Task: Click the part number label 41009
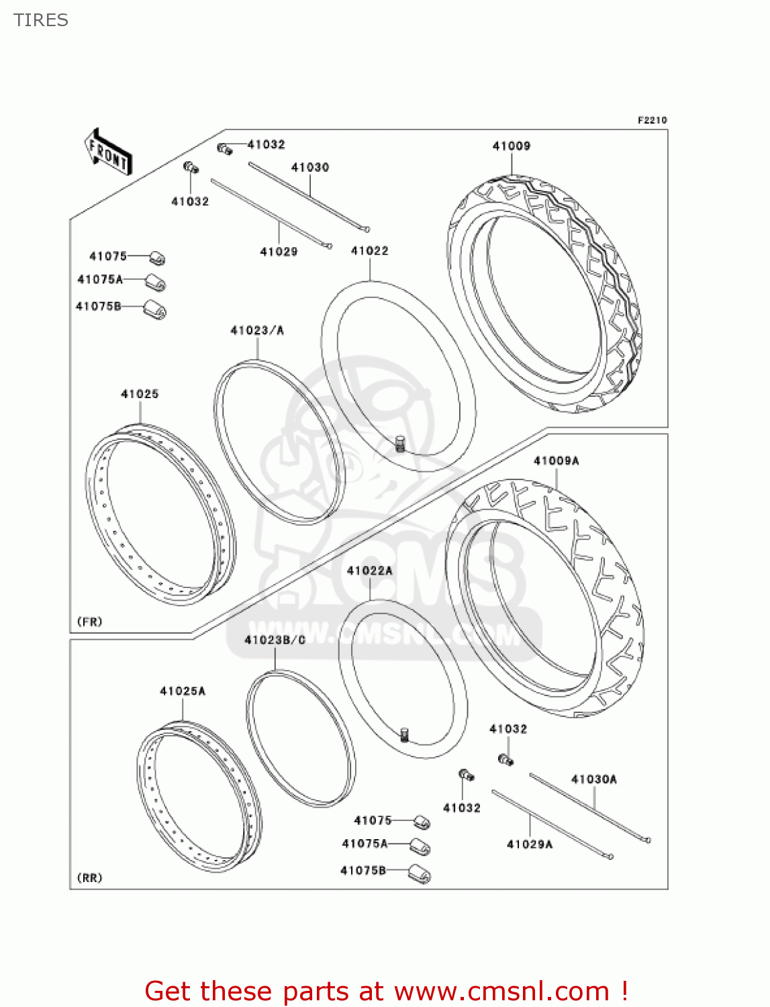pyautogui.click(x=511, y=146)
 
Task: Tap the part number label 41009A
pyautogui.click(x=556, y=461)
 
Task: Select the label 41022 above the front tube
pyautogui.click(x=369, y=251)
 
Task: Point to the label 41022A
pyautogui.click(x=369, y=571)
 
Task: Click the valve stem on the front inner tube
pyautogui.click(x=401, y=443)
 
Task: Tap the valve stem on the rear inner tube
pyautogui.click(x=404, y=734)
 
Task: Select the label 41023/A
pyautogui.click(x=257, y=330)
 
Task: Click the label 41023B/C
pyautogui.click(x=275, y=640)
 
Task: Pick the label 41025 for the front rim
pyautogui.click(x=140, y=394)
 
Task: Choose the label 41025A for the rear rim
pyautogui.click(x=182, y=691)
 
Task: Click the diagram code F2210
pyautogui.click(x=652, y=120)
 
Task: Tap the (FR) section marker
pyautogui.click(x=90, y=622)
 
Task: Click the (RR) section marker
pyautogui.click(x=90, y=878)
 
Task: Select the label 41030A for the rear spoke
pyautogui.click(x=593, y=779)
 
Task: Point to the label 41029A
pyautogui.click(x=529, y=845)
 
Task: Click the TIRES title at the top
pyautogui.click(x=41, y=20)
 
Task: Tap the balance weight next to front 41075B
pyautogui.click(x=155, y=310)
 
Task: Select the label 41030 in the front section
pyautogui.click(x=309, y=167)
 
